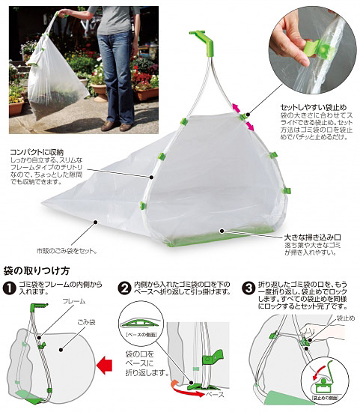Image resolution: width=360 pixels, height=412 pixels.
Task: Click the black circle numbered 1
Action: (10, 288)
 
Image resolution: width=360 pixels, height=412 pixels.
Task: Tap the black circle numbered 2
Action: (125, 288)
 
